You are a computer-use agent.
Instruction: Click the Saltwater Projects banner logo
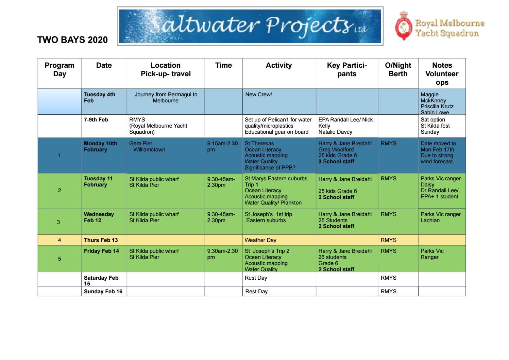(x=250, y=26)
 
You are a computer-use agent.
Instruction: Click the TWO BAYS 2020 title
(x=72, y=40)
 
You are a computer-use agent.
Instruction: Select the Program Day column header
(x=60, y=70)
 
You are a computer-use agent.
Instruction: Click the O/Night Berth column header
(x=398, y=70)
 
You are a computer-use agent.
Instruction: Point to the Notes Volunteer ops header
(x=442, y=73)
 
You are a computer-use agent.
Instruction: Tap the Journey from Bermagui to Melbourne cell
(x=166, y=98)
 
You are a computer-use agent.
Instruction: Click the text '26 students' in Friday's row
(x=332, y=257)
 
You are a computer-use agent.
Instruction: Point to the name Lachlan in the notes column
(x=430, y=220)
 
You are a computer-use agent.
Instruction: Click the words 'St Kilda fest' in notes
(x=435, y=126)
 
